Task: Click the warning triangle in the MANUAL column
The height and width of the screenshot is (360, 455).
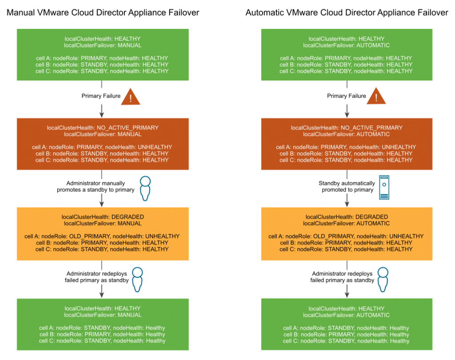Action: click(x=130, y=97)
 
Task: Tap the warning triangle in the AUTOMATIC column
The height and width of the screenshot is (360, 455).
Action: click(x=376, y=97)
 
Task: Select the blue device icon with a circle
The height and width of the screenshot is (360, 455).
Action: click(x=385, y=188)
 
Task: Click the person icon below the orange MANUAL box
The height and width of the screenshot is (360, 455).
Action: click(x=145, y=188)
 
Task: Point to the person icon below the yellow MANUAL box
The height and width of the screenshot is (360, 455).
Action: click(x=137, y=279)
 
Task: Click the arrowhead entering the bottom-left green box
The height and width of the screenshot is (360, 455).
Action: click(x=102, y=294)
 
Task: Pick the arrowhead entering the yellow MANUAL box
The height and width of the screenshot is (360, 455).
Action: click(x=102, y=203)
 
